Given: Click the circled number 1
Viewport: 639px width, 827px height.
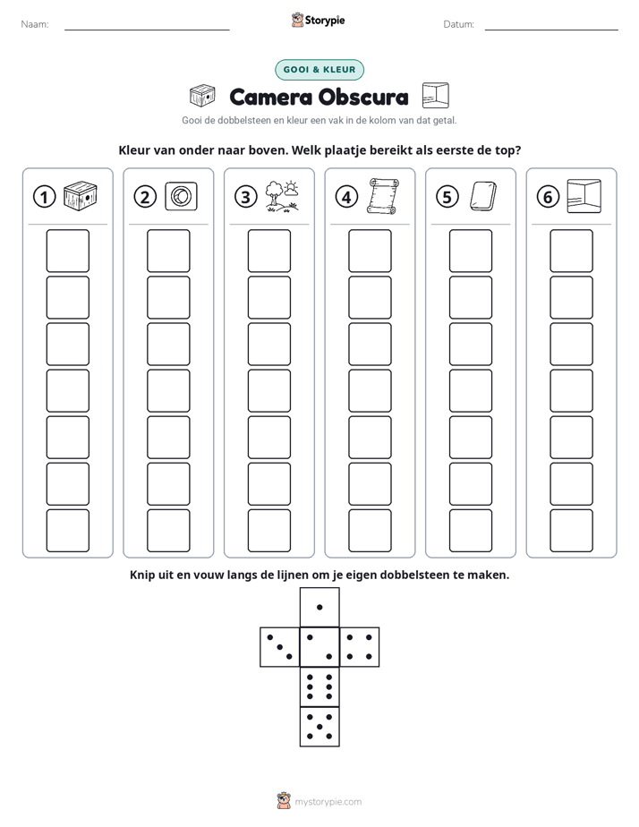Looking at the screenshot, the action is pyautogui.click(x=44, y=197).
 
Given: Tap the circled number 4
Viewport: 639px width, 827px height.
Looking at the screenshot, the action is pyautogui.click(x=346, y=197).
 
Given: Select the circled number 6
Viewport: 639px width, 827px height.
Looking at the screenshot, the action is pyautogui.click(x=548, y=197).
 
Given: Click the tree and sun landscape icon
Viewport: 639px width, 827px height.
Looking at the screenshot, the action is pyautogui.click(x=282, y=196).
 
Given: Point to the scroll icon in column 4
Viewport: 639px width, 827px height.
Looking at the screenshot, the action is pyautogui.click(x=383, y=196).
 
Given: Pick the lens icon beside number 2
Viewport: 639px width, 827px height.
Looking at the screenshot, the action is pyautogui.click(x=181, y=196).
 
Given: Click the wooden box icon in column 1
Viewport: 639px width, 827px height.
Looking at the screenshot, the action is pyautogui.click(x=81, y=196).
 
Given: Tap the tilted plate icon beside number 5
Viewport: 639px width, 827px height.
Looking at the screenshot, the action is pyautogui.click(x=483, y=196).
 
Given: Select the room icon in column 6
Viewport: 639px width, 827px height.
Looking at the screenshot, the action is pyautogui.click(x=584, y=196).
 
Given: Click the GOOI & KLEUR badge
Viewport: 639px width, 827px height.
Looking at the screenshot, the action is pyautogui.click(x=319, y=70).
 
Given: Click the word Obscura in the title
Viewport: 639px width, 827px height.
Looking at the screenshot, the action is pyautogui.click(x=363, y=97).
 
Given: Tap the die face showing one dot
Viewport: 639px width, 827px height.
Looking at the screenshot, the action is pyautogui.click(x=319, y=607).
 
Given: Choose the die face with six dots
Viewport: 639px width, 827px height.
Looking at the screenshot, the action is pyautogui.click(x=319, y=686).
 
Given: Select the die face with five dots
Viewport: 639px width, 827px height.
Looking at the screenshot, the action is pyautogui.click(x=319, y=726).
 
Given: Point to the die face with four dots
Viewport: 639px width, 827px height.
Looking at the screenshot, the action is pyautogui.click(x=360, y=647).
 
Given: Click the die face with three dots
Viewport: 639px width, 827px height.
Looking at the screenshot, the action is pyautogui.click(x=280, y=647).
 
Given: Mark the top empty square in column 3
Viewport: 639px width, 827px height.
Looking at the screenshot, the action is pyautogui.click(x=268, y=251).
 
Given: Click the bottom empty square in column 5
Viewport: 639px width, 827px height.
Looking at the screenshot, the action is pyautogui.click(x=471, y=531).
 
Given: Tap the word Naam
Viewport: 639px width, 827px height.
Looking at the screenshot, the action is pyautogui.click(x=35, y=24).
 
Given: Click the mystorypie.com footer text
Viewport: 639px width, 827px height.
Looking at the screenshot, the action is pyautogui.click(x=328, y=802).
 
